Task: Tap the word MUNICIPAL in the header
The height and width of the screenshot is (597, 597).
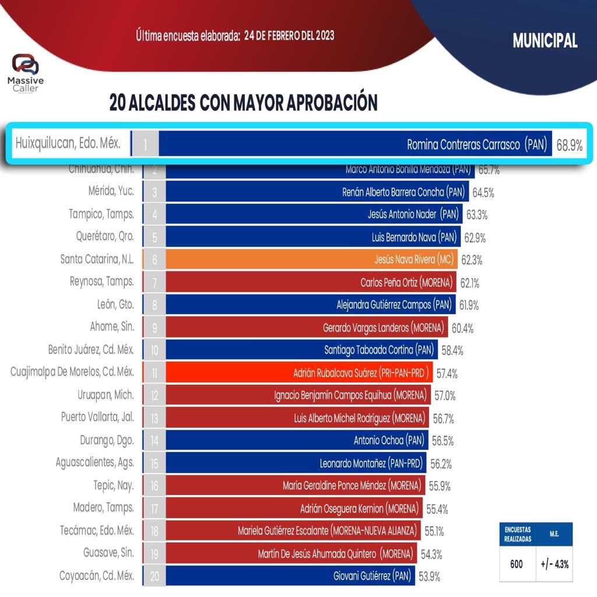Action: (545, 40)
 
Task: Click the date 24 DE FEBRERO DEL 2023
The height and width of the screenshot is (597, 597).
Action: (289, 36)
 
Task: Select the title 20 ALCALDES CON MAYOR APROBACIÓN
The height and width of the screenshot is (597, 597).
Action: (243, 103)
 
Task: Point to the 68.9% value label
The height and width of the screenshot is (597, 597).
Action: (569, 145)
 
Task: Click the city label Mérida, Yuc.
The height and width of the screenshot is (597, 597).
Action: (108, 192)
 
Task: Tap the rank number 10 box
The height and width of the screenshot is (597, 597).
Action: (154, 350)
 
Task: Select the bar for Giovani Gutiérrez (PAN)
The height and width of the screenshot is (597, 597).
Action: (290, 576)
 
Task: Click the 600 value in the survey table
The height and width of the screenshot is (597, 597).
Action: (517, 564)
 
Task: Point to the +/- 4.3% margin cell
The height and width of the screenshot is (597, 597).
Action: (554, 564)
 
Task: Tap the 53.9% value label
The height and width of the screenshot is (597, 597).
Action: (429, 577)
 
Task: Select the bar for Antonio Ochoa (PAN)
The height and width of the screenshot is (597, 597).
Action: (296, 440)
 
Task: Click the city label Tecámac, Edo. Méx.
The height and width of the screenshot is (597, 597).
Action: (97, 531)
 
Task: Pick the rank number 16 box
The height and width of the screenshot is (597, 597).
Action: (154, 486)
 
